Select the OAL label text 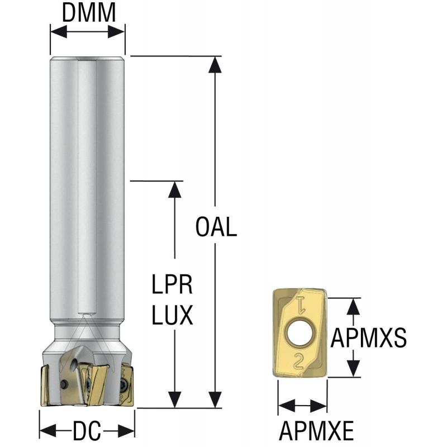point(217,228)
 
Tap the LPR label point(173,286)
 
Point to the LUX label point(173,316)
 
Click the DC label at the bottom point(87,431)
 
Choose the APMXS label point(368,337)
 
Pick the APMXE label point(316,431)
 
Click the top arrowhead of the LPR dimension point(175,189)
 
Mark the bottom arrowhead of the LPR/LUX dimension point(175,400)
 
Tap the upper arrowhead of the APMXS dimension point(353,305)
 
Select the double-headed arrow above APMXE point(302,406)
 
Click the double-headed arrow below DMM point(88,32)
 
